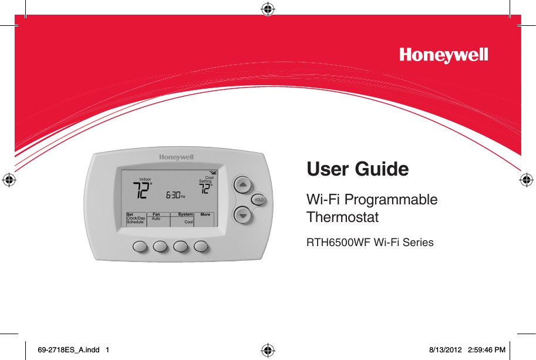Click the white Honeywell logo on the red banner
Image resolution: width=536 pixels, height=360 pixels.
point(443,55)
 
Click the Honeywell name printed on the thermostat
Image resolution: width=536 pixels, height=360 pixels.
point(176,157)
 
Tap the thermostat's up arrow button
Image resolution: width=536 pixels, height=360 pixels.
point(242,185)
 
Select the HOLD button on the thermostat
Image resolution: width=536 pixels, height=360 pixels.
point(259,200)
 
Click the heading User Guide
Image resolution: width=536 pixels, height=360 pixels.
point(358,169)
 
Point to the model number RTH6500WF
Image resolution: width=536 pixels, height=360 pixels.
point(338,243)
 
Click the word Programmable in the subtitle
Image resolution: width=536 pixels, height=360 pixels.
point(391,200)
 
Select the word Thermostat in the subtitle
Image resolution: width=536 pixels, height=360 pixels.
point(342,217)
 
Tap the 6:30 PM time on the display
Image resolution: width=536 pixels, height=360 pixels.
point(176,195)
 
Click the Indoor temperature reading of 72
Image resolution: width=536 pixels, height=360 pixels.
point(142,190)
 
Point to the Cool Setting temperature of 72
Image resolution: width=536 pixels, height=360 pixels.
point(205,189)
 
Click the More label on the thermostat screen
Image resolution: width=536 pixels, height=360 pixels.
point(205,215)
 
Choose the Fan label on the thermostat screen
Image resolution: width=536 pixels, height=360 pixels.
point(156,214)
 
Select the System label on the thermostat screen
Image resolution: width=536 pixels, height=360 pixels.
point(186,214)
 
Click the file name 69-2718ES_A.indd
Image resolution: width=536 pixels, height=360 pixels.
point(68,350)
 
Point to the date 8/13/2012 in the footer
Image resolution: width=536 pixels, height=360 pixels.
point(446,350)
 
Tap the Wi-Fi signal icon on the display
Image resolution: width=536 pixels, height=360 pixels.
point(213,173)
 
